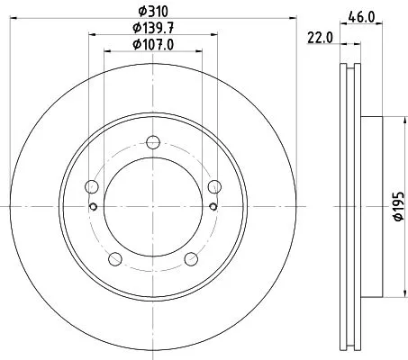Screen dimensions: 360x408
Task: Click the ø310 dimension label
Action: click(152, 12)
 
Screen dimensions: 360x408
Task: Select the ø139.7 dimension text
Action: click(152, 29)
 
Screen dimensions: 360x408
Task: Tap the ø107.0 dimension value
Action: click(152, 45)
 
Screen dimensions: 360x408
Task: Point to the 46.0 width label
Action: click(363, 16)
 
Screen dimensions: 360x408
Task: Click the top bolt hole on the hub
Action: click(152, 141)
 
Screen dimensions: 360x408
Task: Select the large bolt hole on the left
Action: click(91, 186)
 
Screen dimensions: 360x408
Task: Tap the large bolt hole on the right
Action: click(213, 186)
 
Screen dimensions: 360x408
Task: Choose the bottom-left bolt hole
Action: click(114, 259)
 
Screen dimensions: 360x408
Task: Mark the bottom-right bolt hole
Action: click(190, 259)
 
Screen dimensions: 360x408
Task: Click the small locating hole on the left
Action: click(94, 206)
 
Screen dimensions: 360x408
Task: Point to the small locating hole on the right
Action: click(211, 206)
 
